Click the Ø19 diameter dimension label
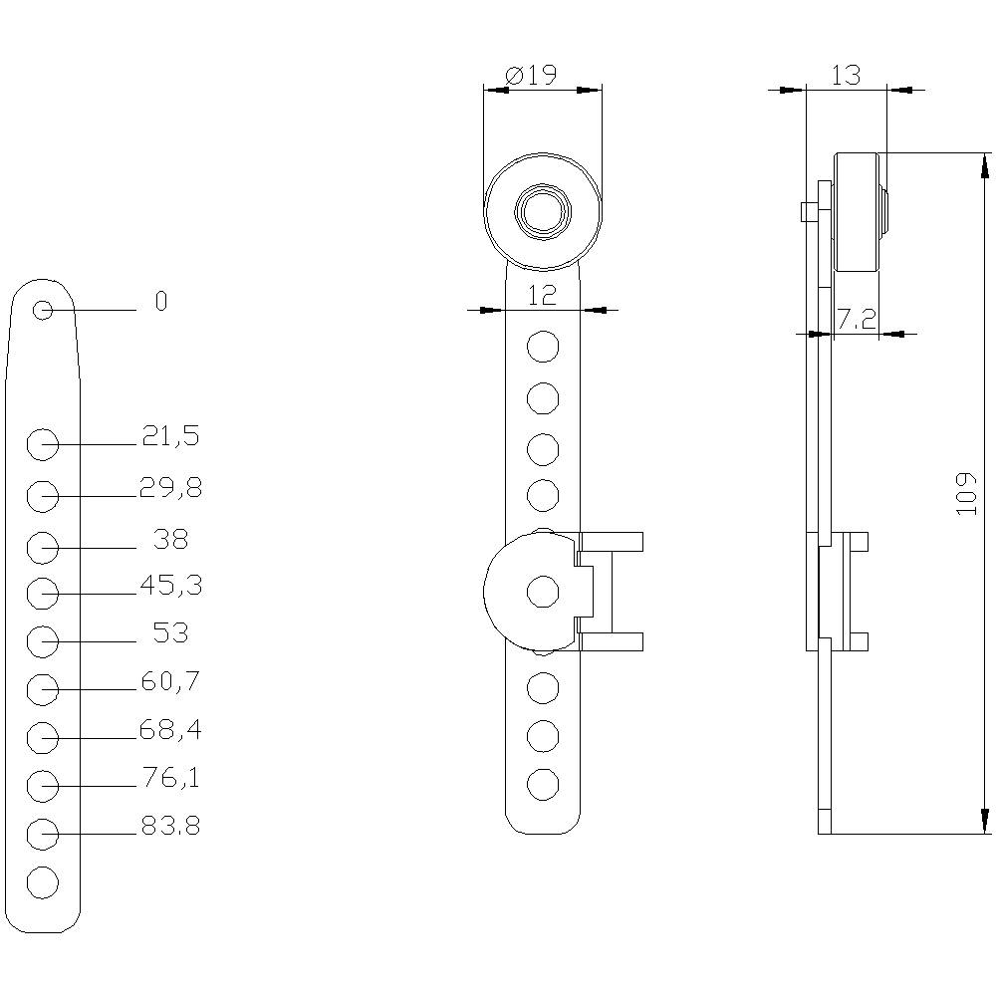[x=531, y=76]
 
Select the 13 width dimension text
[x=845, y=76]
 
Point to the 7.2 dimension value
[x=856, y=319]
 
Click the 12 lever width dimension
[x=542, y=294]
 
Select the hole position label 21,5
[x=170, y=435]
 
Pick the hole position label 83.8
[x=170, y=826]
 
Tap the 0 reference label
[x=161, y=302]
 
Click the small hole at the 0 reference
[x=43, y=311]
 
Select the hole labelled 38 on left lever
[x=43, y=548]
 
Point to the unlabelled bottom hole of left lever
[x=43, y=882]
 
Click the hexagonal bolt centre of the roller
[x=542, y=211]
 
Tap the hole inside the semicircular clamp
[x=542, y=592]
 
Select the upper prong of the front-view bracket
[x=610, y=542]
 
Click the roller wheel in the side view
[x=858, y=211]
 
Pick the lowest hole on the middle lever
[x=542, y=784]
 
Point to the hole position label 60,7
[x=170, y=682]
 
